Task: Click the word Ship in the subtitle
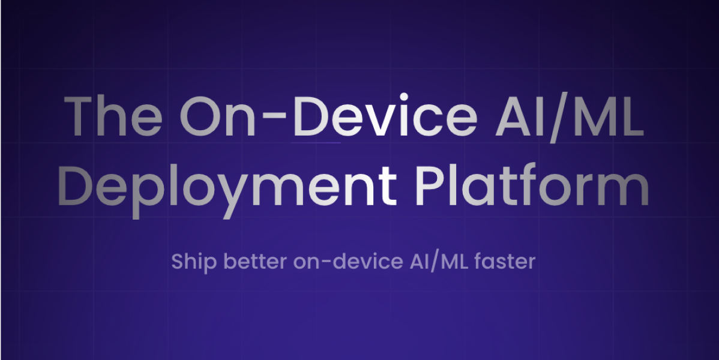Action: point(190,262)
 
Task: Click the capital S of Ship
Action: point(177,262)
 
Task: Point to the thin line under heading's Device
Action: point(316,143)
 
